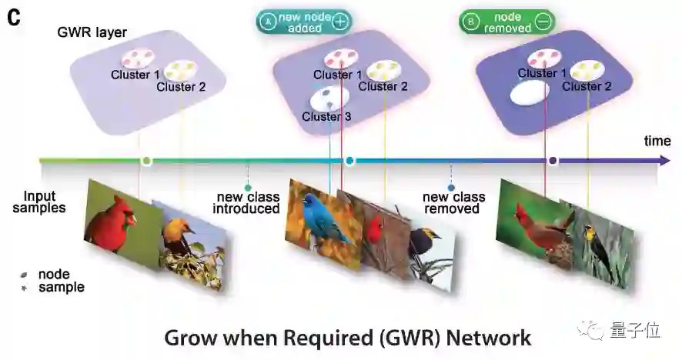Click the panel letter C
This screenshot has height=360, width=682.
[x=14, y=17]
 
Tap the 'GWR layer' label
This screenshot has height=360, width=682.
[x=92, y=32]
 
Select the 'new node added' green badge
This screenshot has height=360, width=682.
[x=303, y=22]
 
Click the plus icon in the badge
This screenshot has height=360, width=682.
[x=339, y=22]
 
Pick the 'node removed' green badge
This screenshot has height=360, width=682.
[x=506, y=22]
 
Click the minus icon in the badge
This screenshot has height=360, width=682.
[x=543, y=22]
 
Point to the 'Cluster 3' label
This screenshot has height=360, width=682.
[x=326, y=117]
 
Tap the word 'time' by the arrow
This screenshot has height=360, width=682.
[x=657, y=141]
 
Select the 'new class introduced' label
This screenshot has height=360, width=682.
[x=246, y=202]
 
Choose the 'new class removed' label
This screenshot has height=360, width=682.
[x=451, y=202]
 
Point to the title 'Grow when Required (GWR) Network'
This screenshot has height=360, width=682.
[x=348, y=337]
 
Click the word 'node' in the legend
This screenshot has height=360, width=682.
[x=54, y=274]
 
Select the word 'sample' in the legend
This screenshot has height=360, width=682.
[x=61, y=287]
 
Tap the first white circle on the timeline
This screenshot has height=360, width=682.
[x=146, y=161]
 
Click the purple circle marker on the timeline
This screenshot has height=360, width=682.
[x=552, y=161]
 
